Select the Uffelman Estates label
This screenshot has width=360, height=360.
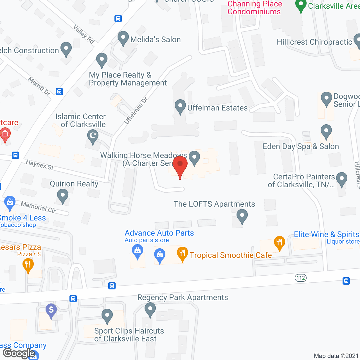click(217, 108)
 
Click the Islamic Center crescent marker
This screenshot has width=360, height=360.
click(93, 137)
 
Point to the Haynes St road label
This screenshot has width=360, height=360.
click(40, 165)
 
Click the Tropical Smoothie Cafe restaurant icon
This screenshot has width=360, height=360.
click(183, 253)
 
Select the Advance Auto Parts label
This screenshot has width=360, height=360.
click(159, 233)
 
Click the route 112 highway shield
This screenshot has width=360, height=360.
click(301, 278)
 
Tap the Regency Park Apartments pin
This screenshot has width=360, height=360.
click(150, 309)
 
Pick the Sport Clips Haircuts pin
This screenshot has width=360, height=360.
click(107, 316)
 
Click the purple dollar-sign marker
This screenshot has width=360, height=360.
click(51, 310)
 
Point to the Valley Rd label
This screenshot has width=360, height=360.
click(84, 34)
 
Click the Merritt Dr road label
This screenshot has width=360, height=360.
click(39, 86)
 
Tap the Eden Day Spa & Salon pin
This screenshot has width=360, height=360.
click(326, 131)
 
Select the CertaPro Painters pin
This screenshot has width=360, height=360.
click(341, 179)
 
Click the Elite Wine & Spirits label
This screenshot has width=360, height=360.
click(326, 234)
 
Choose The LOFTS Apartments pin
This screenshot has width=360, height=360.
click(242, 216)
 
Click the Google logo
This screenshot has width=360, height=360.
click(19, 353)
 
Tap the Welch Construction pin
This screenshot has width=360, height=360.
click(66, 49)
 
